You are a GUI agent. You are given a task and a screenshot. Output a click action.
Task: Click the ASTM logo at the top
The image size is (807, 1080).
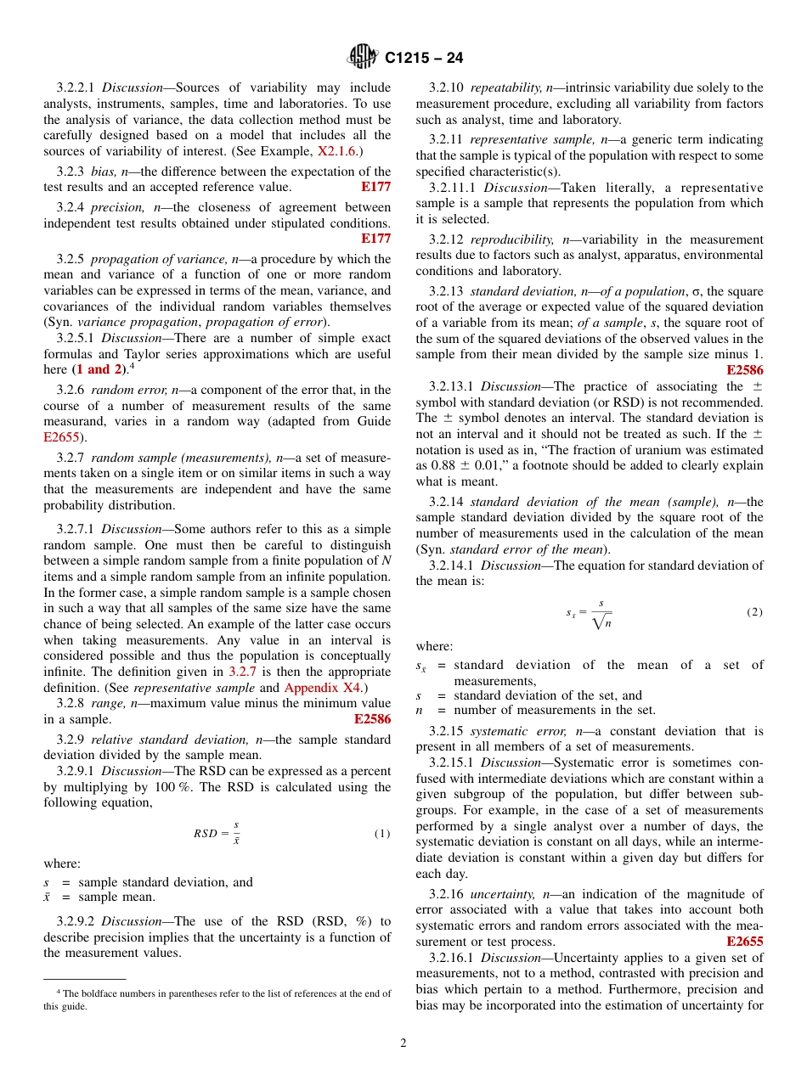tap(364, 57)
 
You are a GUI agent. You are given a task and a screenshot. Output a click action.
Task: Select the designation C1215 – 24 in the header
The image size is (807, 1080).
tap(424, 59)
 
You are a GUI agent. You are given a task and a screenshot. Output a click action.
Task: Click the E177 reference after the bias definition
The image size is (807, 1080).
tap(375, 187)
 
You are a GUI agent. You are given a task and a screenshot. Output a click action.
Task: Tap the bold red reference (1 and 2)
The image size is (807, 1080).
tap(99, 369)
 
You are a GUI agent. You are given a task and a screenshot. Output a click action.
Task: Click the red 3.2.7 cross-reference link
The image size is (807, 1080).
tap(243, 672)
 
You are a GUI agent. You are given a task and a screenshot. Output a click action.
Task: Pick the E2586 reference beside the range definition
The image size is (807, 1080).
tap(372, 719)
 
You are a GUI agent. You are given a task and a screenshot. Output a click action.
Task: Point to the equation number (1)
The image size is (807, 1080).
tap(382, 834)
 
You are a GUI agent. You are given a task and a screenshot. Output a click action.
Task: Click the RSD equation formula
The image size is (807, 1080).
tap(217, 833)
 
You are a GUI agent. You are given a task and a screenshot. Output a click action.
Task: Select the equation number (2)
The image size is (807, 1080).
tap(754, 612)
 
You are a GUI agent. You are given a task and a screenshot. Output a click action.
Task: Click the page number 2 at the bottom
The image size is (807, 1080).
tap(403, 1043)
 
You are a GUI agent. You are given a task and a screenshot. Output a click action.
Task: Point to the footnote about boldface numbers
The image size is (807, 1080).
tap(217, 999)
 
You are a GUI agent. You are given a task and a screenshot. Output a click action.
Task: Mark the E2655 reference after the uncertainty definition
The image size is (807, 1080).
tap(745, 942)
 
